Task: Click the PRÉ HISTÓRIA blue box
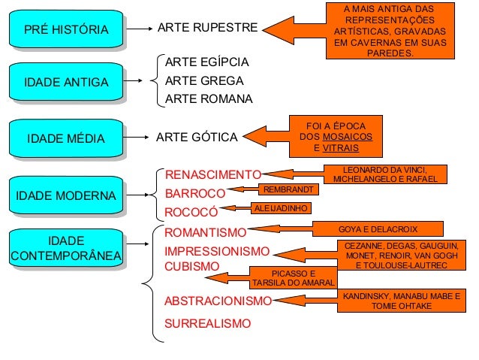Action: (x=66, y=29)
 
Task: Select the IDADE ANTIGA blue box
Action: (x=66, y=81)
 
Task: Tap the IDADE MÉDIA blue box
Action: (x=66, y=138)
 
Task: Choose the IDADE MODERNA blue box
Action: (x=66, y=195)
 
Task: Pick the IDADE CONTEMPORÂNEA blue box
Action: (x=66, y=249)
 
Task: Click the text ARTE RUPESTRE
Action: (x=206, y=29)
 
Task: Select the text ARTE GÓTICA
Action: (x=196, y=138)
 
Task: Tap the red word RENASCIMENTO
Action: (x=212, y=176)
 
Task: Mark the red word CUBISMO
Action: (x=191, y=266)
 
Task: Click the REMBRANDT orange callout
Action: (x=285, y=189)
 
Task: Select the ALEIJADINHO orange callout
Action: (x=280, y=207)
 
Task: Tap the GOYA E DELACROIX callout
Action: (x=378, y=228)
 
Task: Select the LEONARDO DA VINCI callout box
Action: (x=384, y=174)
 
